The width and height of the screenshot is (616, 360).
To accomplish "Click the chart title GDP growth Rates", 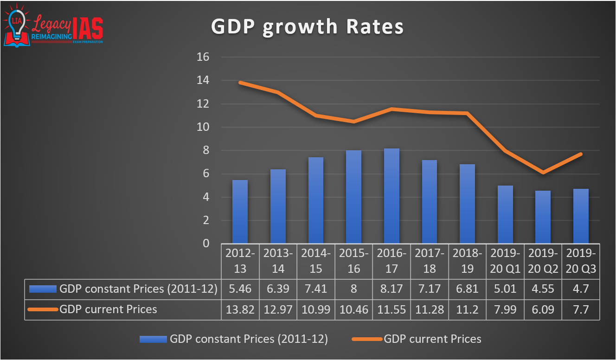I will (x=307, y=26).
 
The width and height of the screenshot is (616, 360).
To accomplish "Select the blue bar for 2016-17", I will (x=391, y=196).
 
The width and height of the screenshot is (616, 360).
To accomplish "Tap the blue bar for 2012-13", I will (x=240, y=212).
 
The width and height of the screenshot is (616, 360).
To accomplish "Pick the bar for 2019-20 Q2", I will (x=543, y=217).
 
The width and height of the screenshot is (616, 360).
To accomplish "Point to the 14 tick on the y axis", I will (x=204, y=81).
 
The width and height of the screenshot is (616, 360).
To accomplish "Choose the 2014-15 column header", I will (x=316, y=261).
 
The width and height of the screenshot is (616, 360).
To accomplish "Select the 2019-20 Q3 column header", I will (x=581, y=261).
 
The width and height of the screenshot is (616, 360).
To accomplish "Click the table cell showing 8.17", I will (x=392, y=289).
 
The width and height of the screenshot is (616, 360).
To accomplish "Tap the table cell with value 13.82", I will (x=240, y=309).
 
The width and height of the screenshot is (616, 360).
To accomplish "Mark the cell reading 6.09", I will (x=543, y=309).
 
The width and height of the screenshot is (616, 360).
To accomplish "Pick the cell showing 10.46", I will (x=354, y=309).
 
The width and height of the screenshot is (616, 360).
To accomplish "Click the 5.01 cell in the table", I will (x=505, y=289).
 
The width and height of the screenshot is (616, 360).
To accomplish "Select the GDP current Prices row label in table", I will (x=108, y=309).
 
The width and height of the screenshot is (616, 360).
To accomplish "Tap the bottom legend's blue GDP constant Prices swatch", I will (x=153, y=340).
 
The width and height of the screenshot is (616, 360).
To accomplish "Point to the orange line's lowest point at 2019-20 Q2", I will (x=543, y=173).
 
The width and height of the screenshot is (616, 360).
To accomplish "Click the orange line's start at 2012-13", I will (x=240, y=83).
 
